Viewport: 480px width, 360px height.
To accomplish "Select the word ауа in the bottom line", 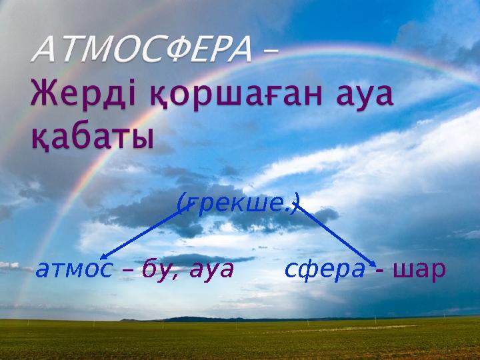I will (x=209, y=269).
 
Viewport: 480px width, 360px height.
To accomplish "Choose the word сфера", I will (x=325, y=269).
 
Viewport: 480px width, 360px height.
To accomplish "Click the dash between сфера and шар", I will (x=379, y=271).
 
